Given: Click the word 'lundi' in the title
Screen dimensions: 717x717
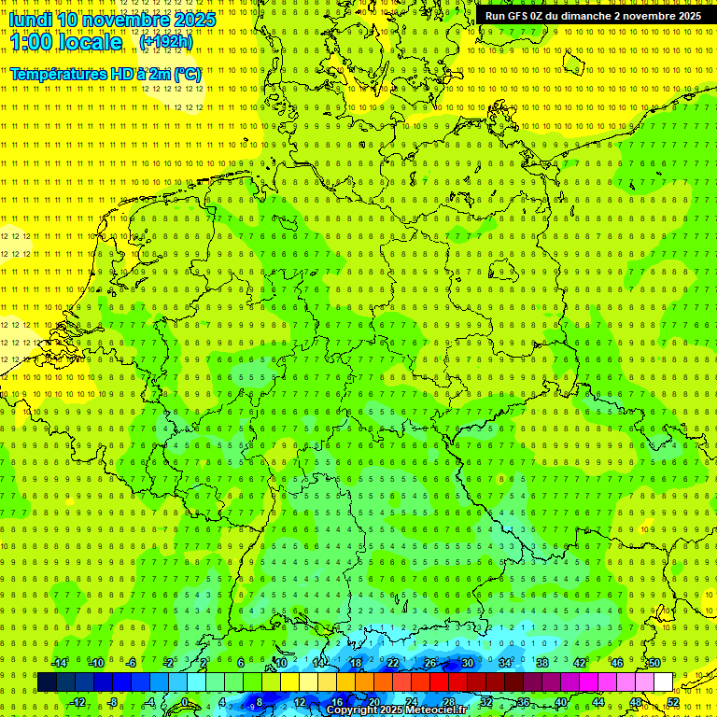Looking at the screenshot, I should (30, 20).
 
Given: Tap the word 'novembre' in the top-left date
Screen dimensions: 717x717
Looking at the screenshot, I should (128, 20).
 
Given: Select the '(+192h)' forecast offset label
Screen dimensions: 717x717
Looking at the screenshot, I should (165, 42).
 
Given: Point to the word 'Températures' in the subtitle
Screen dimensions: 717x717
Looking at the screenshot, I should (56, 73).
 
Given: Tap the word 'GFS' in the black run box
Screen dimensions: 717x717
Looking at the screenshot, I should (519, 16).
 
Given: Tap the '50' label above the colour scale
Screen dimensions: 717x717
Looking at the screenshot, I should (654, 663).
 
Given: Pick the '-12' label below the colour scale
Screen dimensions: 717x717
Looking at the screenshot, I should (77, 702).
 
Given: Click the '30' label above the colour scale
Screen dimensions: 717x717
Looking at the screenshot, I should (468, 663).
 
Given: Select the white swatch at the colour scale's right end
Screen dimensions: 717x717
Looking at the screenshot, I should (663, 682).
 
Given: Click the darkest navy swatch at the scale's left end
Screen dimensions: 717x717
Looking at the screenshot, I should (47, 682).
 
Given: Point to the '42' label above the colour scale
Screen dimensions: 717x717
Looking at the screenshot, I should (580, 663).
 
